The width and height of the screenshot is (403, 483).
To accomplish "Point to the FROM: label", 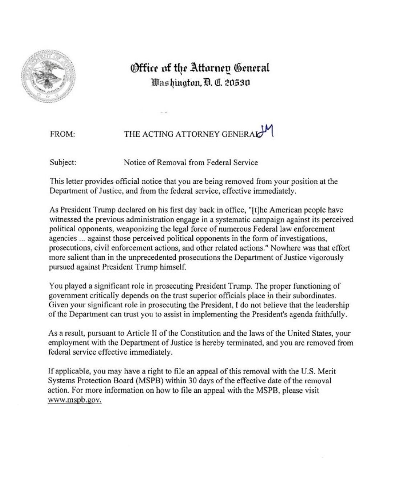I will [x=62, y=134].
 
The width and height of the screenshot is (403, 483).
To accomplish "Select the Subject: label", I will [x=62, y=162].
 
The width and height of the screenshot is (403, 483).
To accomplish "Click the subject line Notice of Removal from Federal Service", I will [x=191, y=162].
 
